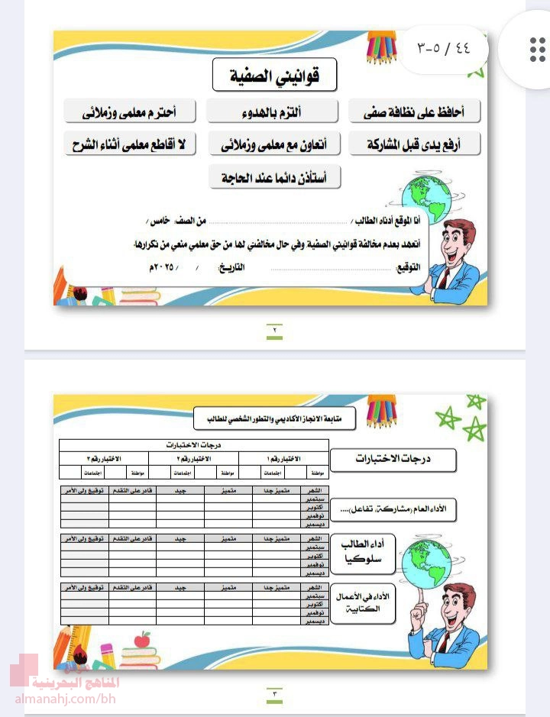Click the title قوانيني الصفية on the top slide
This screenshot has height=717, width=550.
(275, 76)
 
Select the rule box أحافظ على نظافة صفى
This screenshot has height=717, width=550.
(416, 111)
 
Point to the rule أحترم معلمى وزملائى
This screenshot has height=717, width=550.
(130, 111)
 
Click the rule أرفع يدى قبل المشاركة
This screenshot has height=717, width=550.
(416, 144)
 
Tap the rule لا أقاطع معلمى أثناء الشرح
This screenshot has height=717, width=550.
(130, 144)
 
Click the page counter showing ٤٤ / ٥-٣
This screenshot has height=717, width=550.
(444, 47)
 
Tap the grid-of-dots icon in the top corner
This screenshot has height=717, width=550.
(537, 50)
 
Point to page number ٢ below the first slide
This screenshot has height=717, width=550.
(274, 331)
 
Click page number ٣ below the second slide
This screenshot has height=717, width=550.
(274, 693)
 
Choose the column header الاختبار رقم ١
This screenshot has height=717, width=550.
(283, 458)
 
